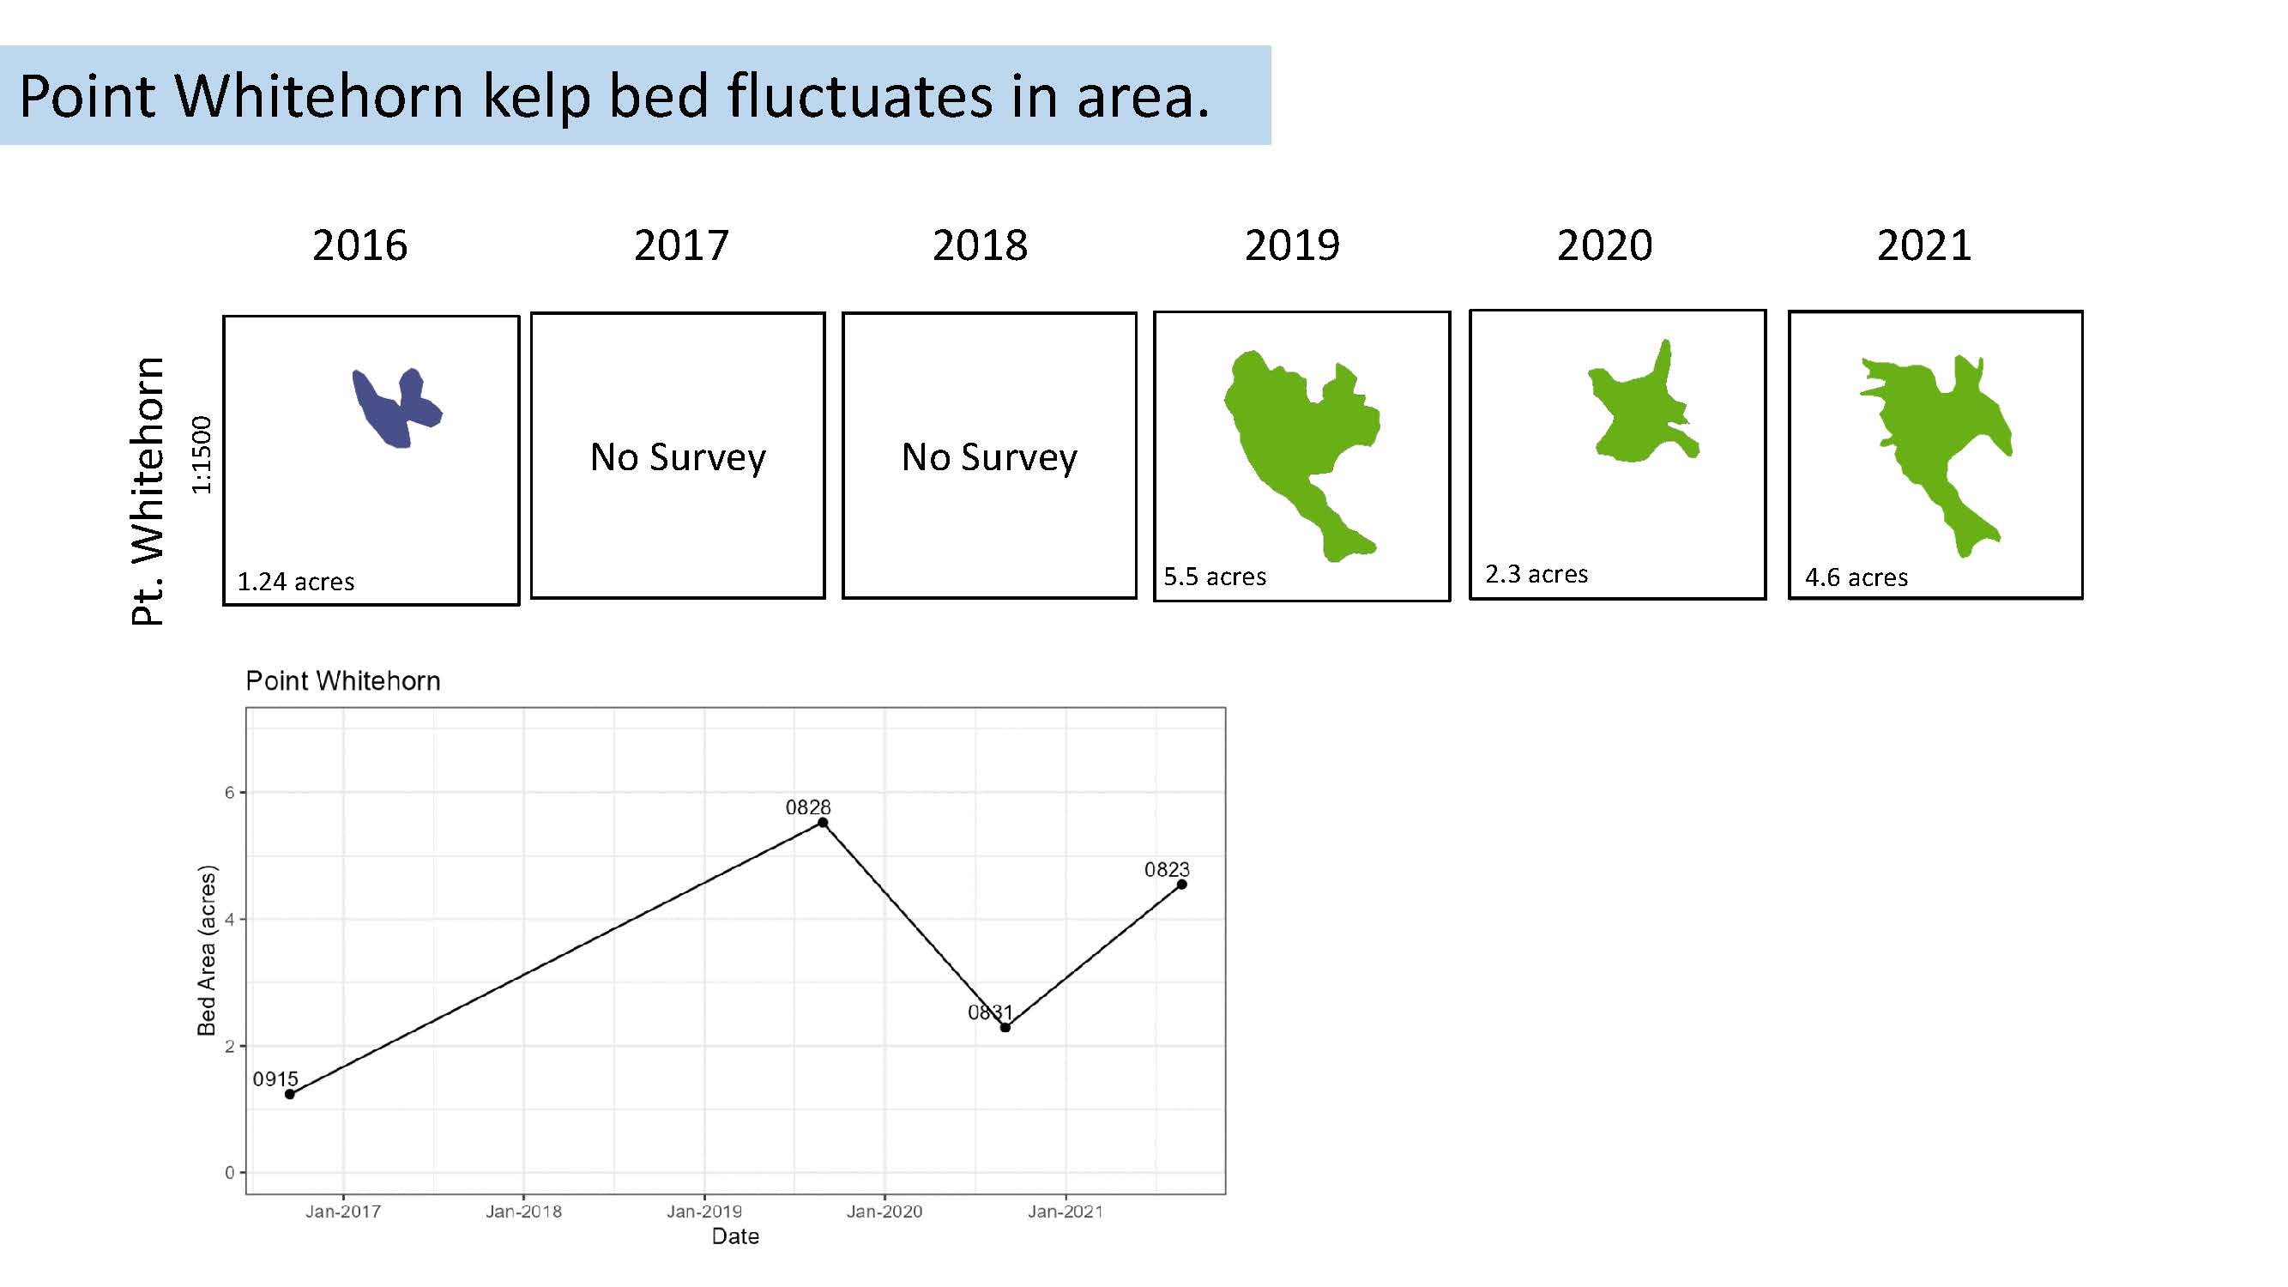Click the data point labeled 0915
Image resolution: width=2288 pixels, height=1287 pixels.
(x=290, y=1094)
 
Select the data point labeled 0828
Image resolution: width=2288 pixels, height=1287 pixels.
(x=823, y=823)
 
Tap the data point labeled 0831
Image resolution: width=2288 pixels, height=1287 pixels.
(x=1005, y=1028)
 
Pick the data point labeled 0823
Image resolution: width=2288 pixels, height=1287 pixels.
(x=1181, y=885)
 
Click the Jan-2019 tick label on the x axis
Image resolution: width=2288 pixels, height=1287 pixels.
(x=704, y=1211)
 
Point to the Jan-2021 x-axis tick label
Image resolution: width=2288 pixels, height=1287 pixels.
(x=1065, y=1211)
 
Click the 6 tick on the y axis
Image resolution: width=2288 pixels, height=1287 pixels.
(x=229, y=792)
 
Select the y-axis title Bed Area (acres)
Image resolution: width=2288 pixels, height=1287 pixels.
(x=206, y=951)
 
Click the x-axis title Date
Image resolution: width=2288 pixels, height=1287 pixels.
(x=735, y=1236)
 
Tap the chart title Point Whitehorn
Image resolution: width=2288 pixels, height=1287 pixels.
(x=343, y=681)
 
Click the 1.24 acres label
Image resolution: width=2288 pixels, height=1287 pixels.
(x=296, y=582)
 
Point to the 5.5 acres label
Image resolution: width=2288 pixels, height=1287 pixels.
(x=1215, y=577)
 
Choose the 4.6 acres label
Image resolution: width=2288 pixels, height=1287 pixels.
(x=1856, y=577)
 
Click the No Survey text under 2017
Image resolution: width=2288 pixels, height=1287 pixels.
(x=679, y=457)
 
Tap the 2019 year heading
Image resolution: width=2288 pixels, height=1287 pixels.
(x=1292, y=245)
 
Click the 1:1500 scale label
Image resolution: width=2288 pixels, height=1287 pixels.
(x=202, y=455)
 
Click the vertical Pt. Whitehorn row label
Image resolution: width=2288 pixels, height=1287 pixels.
(x=148, y=491)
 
